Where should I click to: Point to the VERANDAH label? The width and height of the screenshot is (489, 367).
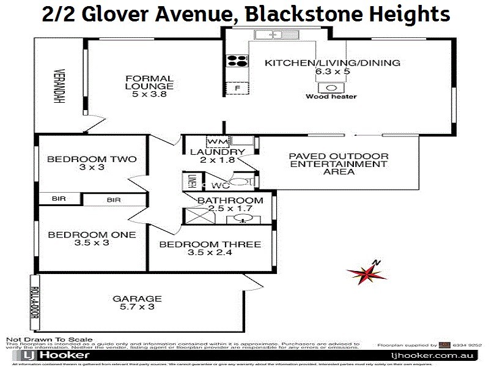pos(59,85)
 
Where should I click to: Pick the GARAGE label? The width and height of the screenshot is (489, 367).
pos(137,298)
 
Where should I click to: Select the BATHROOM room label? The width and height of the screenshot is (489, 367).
pos(230,200)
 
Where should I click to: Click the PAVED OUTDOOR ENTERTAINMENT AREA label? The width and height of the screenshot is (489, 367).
pos(338,164)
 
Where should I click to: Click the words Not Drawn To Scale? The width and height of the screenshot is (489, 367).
pos(49,339)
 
